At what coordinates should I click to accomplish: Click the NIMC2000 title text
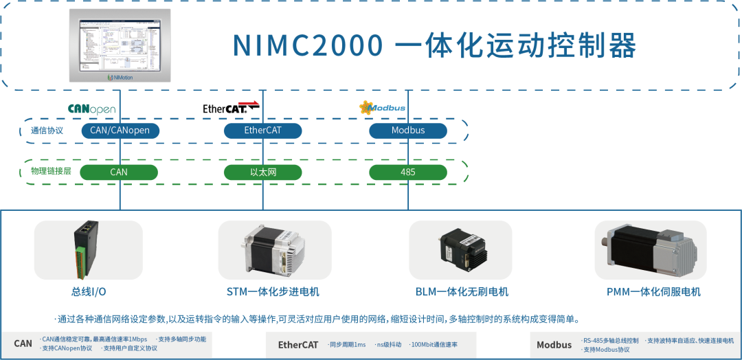pos(434,45)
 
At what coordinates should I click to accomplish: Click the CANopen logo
pos(91,109)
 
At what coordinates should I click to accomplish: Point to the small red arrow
pos(248,104)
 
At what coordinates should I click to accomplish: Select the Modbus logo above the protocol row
pos(383,107)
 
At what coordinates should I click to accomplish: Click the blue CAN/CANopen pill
pos(120,131)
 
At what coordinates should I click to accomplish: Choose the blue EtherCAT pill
pos(263,131)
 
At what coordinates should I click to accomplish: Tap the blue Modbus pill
pos(408,131)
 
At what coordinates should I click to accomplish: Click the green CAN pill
pos(119,172)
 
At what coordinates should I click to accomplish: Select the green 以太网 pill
pos(263,172)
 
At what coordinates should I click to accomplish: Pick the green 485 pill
pos(408,172)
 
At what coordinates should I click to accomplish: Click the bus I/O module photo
pos(89,250)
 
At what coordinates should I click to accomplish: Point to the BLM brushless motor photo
pos(460,250)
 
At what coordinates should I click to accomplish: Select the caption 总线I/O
pos(89,292)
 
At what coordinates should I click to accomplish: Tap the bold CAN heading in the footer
pos(23,344)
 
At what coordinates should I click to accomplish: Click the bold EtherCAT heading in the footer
pos(298,345)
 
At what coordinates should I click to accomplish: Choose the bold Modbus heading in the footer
pos(554,345)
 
